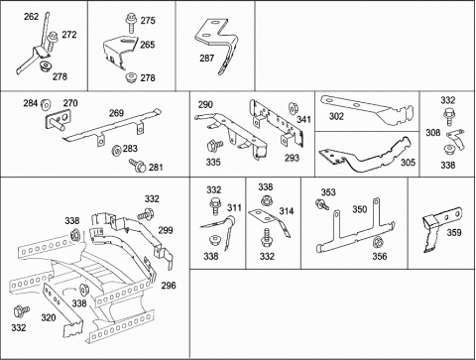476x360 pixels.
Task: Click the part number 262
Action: pyautogui.click(x=31, y=16)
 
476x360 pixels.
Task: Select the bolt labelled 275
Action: pyautogui.click(x=131, y=23)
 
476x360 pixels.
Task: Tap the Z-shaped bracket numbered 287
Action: pyautogui.click(x=216, y=45)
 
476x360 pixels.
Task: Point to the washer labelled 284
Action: pyautogui.click(x=46, y=104)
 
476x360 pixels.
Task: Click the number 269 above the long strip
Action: pyautogui.click(x=116, y=113)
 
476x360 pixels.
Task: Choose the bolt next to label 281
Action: pyautogui.click(x=137, y=165)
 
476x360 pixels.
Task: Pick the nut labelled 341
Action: pyautogui.click(x=293, y=108)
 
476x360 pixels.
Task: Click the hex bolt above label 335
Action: pyautogui.click(x=214, y=146)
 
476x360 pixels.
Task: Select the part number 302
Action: pyautogui.click(x=336, y=116)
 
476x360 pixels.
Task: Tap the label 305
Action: pyautogui.click(x=408, y=163)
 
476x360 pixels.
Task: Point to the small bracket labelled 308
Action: pyautogui.click(x=456, y=140)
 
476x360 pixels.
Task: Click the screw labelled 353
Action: pyautogui.click(x=322, y=204)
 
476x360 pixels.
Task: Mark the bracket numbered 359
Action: pyautogui.click(x=439, y=228)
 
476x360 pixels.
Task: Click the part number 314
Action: pyautogui.click(x=286, y=211)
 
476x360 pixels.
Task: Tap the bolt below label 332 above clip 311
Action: pyautogui.click(x=214, y=206)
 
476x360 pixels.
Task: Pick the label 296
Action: pyautogui.click(x=169, y=286)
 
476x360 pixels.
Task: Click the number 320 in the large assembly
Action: pyautogui.click(x=49, y=317)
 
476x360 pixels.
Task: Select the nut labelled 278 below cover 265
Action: pyautogui.click(x=131, y=78)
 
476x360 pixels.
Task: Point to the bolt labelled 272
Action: pyautogui.click(x=53, y=41)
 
